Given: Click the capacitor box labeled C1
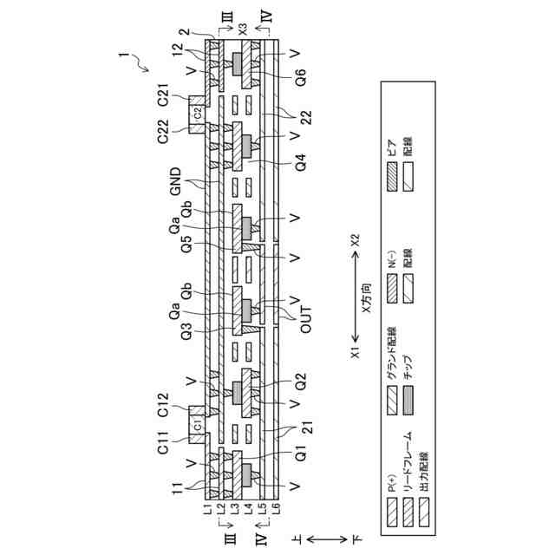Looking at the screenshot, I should tap(198, 427).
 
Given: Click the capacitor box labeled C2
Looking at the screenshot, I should tap(198, 111).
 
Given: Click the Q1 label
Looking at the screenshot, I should tap(301, 454).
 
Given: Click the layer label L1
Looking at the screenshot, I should tap(208, 513).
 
